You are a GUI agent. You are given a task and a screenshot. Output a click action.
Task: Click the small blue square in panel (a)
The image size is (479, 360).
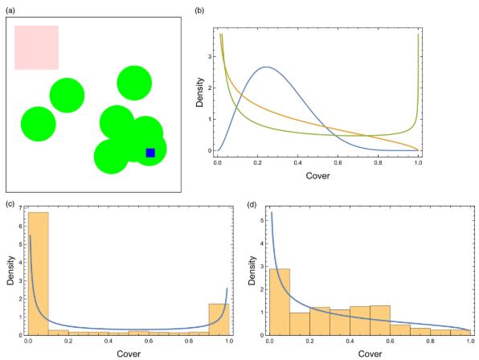click(150, 153)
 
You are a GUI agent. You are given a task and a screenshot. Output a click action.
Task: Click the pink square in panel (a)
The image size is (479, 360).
click(36, 47)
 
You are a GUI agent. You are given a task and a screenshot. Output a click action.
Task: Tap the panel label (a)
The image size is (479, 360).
click(10, 9)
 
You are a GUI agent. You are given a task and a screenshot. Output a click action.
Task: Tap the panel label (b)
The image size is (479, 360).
click(199, 9)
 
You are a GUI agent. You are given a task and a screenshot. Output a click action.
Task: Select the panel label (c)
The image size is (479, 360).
click(10, 203)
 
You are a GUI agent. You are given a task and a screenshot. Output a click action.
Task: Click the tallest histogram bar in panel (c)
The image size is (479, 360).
click(39, 273)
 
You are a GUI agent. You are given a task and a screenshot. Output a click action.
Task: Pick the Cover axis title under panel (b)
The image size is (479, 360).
click(317, 173)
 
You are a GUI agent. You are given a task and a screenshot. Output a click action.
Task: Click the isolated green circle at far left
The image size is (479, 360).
click(38, 123)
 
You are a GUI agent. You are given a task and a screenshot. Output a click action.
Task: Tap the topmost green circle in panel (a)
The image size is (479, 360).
click(133, 83)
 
